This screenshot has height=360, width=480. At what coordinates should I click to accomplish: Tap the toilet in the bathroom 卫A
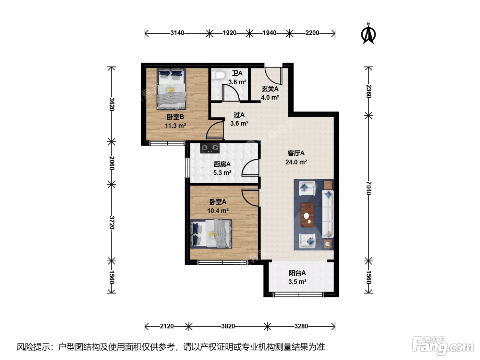pyautogui.click(x=219, y=75)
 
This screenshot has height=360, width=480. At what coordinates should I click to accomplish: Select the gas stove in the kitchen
pyautogui.click(x=210, y=148)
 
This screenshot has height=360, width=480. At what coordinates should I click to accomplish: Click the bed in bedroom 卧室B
pyautogui.click(x=171, y=89)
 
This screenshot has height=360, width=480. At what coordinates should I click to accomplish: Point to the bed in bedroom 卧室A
pyautogui.click(x=211, y=234)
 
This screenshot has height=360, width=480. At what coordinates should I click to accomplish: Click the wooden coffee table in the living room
pyautogui.click(x=307, y=215)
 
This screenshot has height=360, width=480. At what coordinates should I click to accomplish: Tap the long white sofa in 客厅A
pyautogui.click(x=327, y=214)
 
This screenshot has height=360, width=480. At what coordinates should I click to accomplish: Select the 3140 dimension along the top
pyautogui.click(x=177, y=33)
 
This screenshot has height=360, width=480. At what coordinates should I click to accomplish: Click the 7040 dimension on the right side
pyautogui.click(x=369, y=188)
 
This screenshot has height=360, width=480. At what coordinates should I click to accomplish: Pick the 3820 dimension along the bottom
pyautogui.click(x=228, y=326)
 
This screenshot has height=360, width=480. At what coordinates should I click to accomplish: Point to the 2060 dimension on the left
pyautogui.click(x=111, y=163)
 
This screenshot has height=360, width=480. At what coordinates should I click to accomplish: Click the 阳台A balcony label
pyautogui.click(x=297, y=273)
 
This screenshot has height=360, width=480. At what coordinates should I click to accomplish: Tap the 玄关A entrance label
pyautogui.click(x=270, y=89)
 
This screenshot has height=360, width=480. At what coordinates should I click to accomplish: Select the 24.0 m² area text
pyautogui.click(x=296, y=162)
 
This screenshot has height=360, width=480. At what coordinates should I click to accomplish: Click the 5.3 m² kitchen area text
pyautogui.click(x=222, y=173)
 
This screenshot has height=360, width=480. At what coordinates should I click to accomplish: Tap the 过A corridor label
pyautogui.click(x=239, y=115)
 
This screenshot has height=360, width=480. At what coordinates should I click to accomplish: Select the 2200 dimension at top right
pyautogui.click(x=312, y=33)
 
